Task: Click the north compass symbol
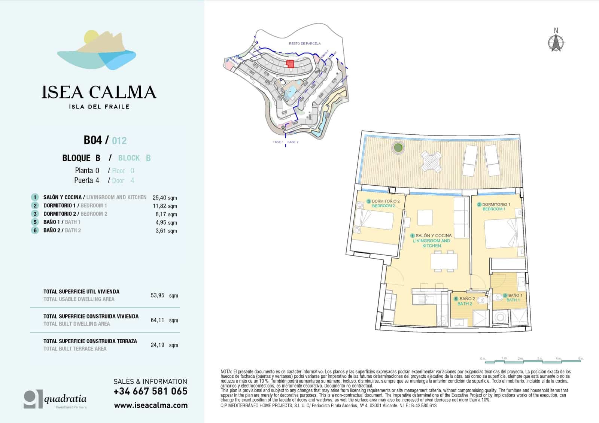click(556, 42)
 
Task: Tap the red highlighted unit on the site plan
click(290, 63)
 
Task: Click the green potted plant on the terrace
click(398, 147)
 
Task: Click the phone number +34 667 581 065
click(150, 391)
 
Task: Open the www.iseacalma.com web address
click(150, 405)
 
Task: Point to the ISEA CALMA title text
click(99, 92)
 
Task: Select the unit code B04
click(93, 140)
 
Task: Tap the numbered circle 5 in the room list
click(35, 222)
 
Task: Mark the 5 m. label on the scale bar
click(580, 359)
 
